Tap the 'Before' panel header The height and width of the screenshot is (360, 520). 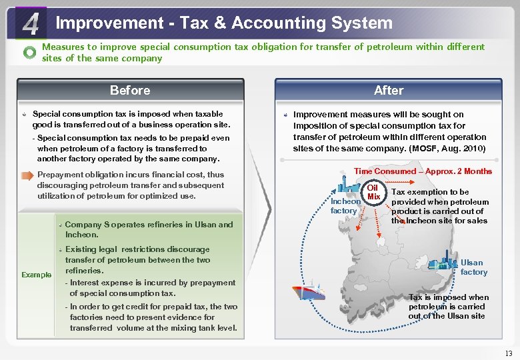pyautogui.click(x=130, y=90)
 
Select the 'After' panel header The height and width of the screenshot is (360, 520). pyautogui.click(x=389, y=90)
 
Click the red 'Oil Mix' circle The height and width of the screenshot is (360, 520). pyautogui.click(x=373, y=192)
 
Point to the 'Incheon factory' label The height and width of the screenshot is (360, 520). pyautogui.click(x=344, y=206)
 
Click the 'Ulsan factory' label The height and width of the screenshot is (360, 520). pyautogui.click(x=473, y=267)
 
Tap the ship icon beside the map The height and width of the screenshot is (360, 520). pyautogui.click(x=308, y=292)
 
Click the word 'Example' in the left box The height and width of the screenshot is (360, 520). pyautogui.click(x=36, y=275)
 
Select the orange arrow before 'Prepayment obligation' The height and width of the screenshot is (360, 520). pyautogui.click(x=26, y=175)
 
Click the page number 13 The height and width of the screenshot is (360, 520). pyautogui.click(x=509, y=353)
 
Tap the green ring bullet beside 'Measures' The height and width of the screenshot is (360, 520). pyautogui.click(x=29, y=53)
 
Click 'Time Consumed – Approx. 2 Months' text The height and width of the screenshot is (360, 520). pyautogui.click(x=423, y=171)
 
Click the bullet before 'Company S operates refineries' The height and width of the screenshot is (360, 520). pyautogui.click(x=59, y=224)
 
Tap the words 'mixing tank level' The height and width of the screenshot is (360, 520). pyautogui.click(x=203, y=327)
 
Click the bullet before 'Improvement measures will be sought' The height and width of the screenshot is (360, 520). pyautogui.click(x=285, y=115)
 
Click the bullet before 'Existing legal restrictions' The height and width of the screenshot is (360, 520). pyautogui.click(x=59, y=249)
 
